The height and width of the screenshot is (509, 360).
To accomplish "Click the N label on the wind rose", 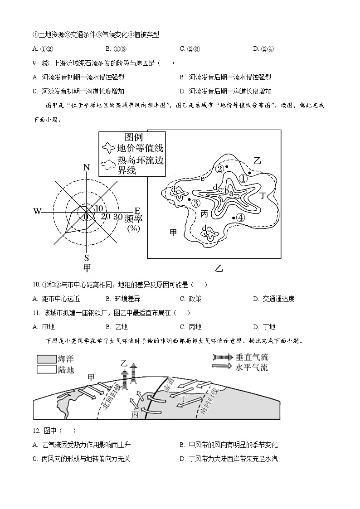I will coord(87,168).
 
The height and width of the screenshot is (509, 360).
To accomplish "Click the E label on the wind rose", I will coord(137,211).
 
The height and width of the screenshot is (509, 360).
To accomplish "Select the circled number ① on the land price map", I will coord(243,179).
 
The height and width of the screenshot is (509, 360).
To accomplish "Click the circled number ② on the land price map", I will coord(219,169).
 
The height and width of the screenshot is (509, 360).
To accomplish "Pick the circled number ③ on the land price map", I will coord(195,203).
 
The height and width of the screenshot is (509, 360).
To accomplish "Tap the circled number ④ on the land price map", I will coord(241,218).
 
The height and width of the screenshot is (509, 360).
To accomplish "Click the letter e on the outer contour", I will coord(203,179).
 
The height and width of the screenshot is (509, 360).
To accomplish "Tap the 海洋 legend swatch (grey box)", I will coord(46,359).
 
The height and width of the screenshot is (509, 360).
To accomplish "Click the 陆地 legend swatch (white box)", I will coord(46,369).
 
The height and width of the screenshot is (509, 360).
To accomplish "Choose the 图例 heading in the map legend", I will coord(133,137).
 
